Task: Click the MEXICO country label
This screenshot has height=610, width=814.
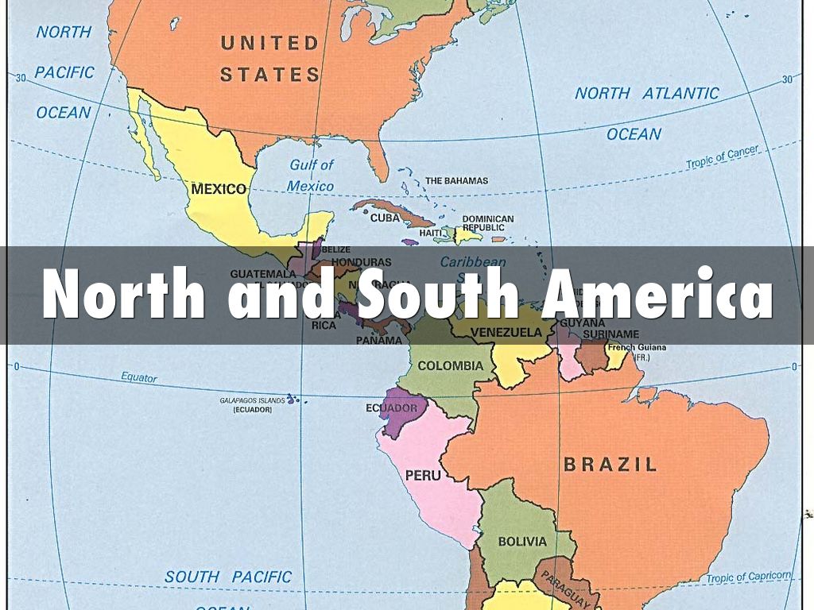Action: [219, 190]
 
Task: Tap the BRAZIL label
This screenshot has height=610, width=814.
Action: [610, 465]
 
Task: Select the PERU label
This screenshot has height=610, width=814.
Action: [423, 476]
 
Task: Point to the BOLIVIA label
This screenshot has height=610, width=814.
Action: [522, 542]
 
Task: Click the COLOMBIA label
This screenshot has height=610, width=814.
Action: [450, 366]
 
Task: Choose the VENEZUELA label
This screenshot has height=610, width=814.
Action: [506, 332]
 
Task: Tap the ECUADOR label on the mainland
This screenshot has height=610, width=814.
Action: [391, 408]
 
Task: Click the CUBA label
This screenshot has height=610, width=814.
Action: [386, 218]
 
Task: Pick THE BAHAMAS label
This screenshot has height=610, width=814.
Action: [456, 181]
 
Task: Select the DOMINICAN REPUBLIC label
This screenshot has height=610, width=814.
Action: [488, 223]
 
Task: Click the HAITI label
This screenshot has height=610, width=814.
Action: [430, 232]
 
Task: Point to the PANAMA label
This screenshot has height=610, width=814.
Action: [378, 340]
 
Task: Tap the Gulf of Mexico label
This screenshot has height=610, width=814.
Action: [311, 176]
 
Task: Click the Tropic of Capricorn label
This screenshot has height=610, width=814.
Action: [750, 577]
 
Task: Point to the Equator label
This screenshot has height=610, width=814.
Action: [139, 378]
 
